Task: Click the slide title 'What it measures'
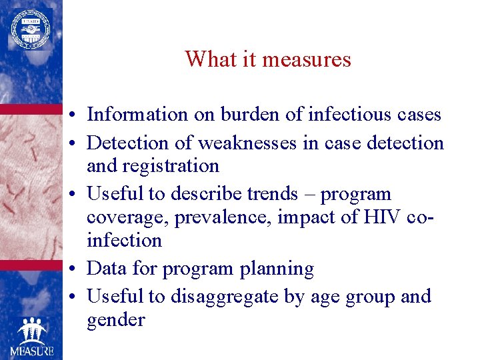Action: [x=268, y=59]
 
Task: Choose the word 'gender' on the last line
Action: [x=115, y=320]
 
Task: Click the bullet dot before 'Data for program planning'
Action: [x=78, y=269]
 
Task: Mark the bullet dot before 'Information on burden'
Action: [x=78, y=115]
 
